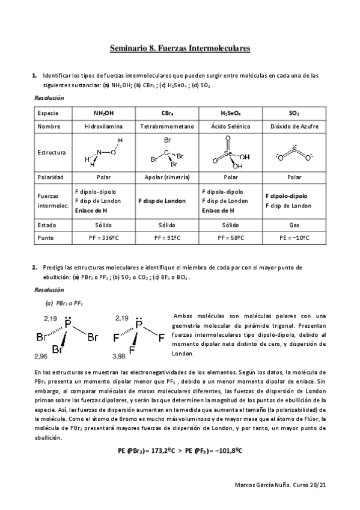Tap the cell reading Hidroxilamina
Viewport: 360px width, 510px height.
(103, 127)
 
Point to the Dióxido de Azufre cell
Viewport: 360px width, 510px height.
(294, 127)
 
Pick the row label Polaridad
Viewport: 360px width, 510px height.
(50, 177)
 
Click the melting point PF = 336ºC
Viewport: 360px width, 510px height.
(103, 238)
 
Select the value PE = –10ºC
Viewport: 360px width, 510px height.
(294, 238)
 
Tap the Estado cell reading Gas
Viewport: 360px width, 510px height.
(294, 224)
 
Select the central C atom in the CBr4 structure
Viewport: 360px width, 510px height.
(166, 153)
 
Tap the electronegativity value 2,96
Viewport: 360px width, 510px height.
(41, 356)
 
